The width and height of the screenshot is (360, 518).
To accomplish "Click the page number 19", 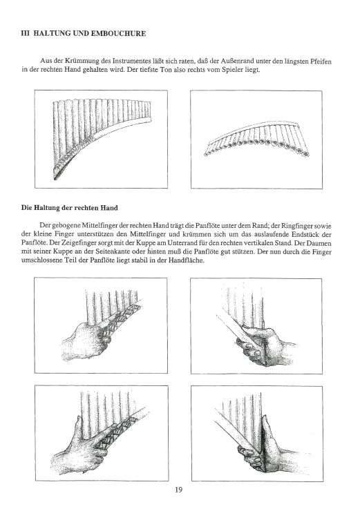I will (x=179, y=490).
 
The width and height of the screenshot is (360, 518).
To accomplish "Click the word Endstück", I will (x=319, y=234).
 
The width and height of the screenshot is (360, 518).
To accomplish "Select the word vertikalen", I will (x=247, y=243).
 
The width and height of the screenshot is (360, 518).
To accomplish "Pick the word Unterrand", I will (x=160, y=243).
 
